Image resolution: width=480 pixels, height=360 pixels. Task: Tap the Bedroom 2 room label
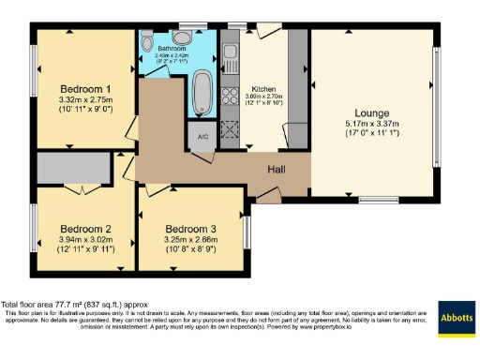(85, 228)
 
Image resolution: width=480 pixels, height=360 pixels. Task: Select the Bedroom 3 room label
(191, 228)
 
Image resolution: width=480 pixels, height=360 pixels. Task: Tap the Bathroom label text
(172, 48)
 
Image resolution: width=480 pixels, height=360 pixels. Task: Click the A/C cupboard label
(202, 136)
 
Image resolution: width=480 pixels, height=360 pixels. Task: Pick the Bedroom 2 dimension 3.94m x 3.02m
(85, 240)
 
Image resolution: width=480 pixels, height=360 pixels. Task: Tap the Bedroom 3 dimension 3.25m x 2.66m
(191, 240)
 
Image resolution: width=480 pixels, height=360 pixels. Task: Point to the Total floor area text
(75, 304)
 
